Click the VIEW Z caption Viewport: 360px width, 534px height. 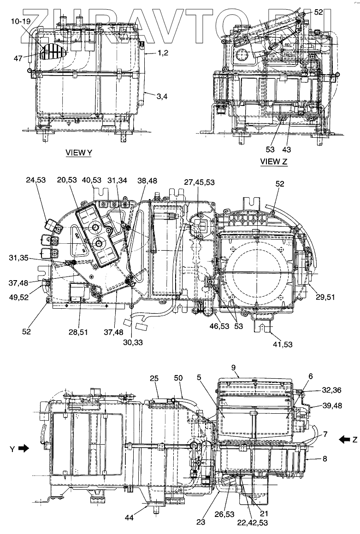[274, 161]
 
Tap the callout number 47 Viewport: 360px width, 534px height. [18, 59]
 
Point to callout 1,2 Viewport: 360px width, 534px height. [162, 53]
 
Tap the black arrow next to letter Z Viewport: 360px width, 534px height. [344, 440]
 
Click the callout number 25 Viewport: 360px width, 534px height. [155, 378]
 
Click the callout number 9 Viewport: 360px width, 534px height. [234, 368]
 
